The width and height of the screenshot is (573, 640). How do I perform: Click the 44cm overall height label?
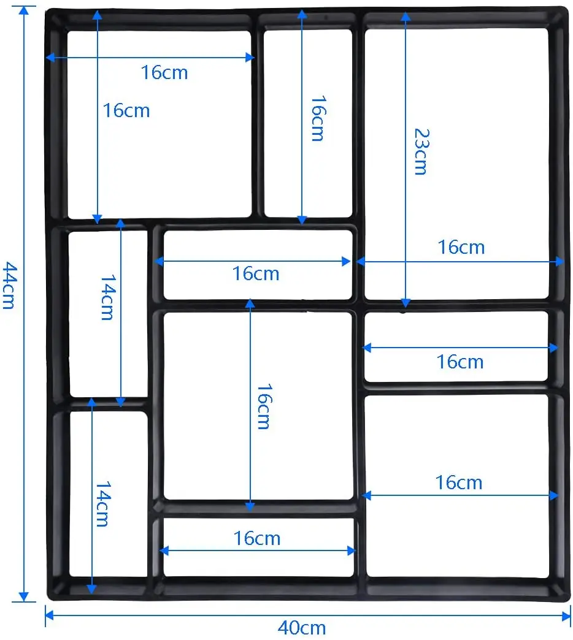[x=10, y=285]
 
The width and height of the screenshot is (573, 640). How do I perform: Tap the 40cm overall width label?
[x=302, y=628]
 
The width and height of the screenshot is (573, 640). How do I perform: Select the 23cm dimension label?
[x=422, y=151]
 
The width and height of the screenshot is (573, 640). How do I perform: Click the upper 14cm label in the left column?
[x=108, y=297]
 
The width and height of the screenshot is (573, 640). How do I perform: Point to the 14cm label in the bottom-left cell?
[x=103, y=504]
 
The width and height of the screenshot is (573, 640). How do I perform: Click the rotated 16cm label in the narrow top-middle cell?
[x=319, y=118]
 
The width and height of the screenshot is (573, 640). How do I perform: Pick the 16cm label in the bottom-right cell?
[x=459, y=482]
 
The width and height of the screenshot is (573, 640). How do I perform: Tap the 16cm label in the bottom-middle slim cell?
[x=257, y=538]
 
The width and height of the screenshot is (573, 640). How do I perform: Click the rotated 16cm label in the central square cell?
[x=264, y=406]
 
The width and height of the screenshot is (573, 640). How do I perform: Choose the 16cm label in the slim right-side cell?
[x=460, y=362]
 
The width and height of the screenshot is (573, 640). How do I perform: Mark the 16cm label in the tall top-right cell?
[x=461, y=247]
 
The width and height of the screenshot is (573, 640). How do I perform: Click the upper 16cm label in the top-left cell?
[x=164, y=72]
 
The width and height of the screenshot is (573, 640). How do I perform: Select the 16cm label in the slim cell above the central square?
[x=256, y=273]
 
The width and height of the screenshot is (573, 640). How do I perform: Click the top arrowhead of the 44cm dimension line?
[x=24, y=10]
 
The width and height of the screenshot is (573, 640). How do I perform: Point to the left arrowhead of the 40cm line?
[x=49, y=615]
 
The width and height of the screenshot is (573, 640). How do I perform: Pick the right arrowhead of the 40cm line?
[x=566, y=615]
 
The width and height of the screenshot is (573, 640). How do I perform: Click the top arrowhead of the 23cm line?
[x=406, y=17]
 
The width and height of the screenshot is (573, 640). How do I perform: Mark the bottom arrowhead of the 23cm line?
[x=406, y=303]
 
